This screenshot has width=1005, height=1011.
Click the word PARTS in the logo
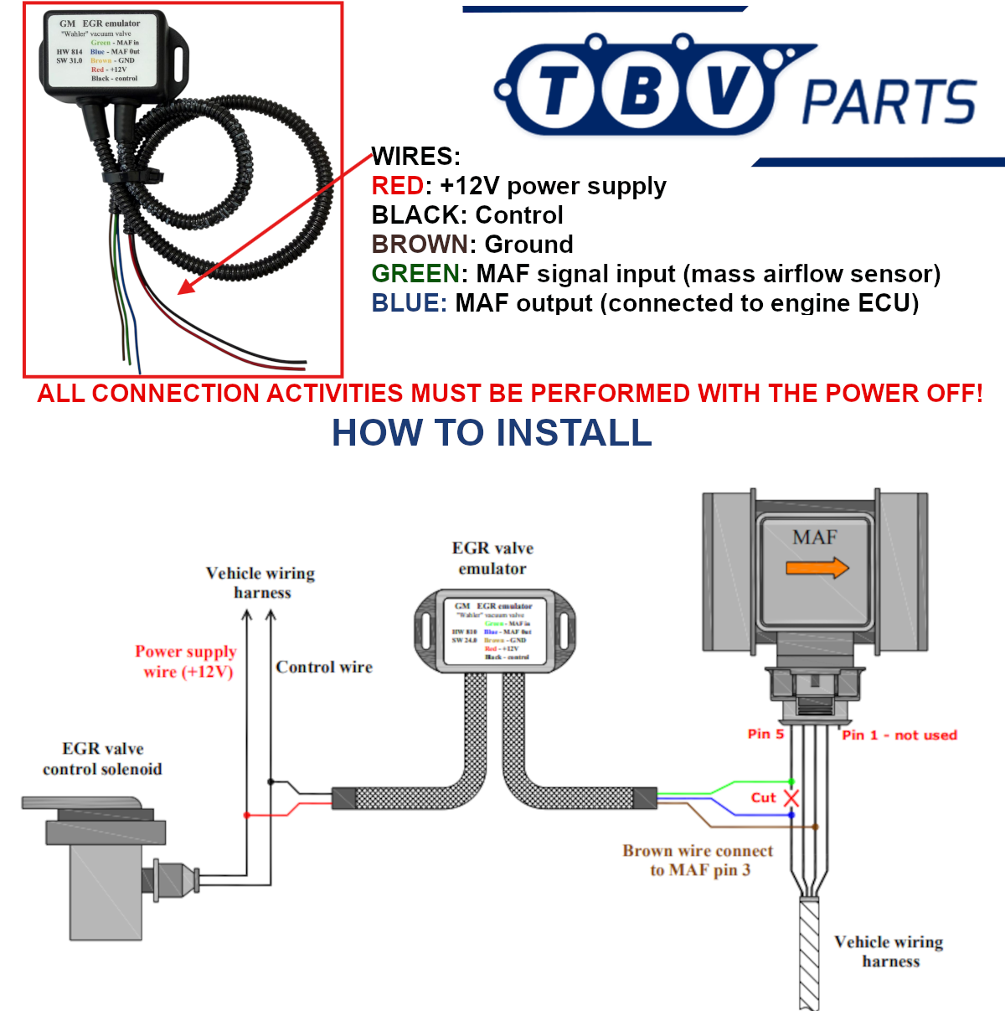pyautogui.click(x=889, y=102)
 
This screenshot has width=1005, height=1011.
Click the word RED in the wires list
pyautogui.click(x=397, y=186)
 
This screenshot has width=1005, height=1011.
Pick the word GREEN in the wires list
pyautogui.click(x=415, y=274)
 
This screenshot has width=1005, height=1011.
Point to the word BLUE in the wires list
pyautogui.click(x=409, y=303)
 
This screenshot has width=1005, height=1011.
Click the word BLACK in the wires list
pyautogui.click(x=413, y=215)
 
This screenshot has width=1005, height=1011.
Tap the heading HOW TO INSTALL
pyautogui.click(x=492, y=433)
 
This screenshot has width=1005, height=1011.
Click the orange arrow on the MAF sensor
pyautogui.click(x=817, y=569)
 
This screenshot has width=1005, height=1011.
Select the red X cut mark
pyautogui.click(x=791, y=798)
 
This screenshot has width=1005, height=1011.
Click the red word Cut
pyautogui.click(x=763, y=797)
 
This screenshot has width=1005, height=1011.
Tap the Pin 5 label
pyautogui.click(x=765, y=734)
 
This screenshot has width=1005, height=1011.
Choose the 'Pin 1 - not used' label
pyautogui.click(x=899, y=735)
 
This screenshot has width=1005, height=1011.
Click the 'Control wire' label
pyautogui.click(x=324, y=668)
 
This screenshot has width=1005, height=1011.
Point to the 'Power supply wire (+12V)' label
pyautogui.click(x=186, y=662)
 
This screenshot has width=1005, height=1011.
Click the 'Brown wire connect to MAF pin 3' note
pyautogui.click(x=698, y=860)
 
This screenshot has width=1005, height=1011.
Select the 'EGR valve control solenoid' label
pyautogui.click(x=102, y=759)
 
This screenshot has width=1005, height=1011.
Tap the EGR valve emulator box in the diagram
pyautogui.click(x=495, y=631)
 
